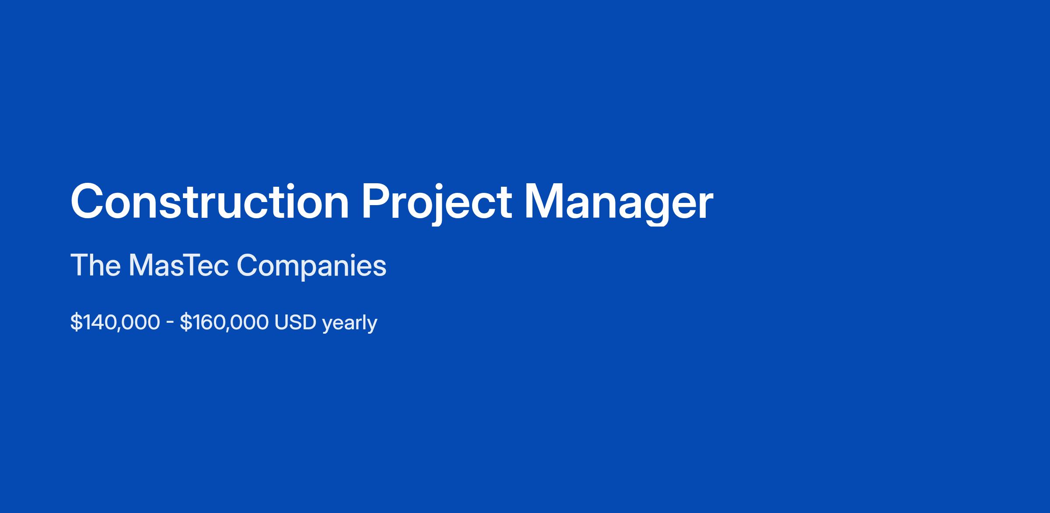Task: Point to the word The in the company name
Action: [95, 265]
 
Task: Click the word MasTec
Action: [179, 265]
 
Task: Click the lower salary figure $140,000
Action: [115, 323]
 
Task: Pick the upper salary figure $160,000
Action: [224, 323]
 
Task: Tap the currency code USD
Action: [295, 323]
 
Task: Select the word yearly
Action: [350, 324]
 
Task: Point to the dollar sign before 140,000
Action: [76, 323]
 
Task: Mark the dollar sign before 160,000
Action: [185, 323]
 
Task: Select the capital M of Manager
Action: [543, 201]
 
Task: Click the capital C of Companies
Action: [248, 265]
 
